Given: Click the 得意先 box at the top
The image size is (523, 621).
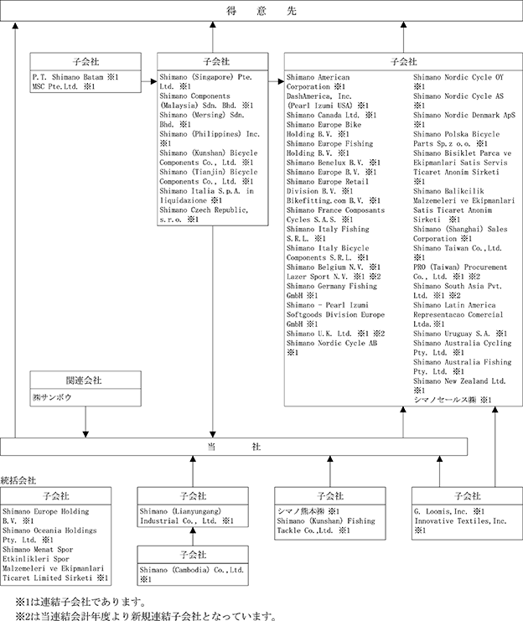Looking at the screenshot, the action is pyautogui.click(x=261, y=11).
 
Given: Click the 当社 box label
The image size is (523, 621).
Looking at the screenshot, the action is pyautogui.click(x=234, y=447).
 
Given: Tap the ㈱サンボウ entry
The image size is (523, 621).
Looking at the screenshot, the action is pyautogui.click(x=52, y=397).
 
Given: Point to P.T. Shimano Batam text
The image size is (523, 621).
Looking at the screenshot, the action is pyautogui.click(x=68, y=77).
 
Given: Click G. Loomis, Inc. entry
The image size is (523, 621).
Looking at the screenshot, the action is pyautogui.click(x=441, y=511).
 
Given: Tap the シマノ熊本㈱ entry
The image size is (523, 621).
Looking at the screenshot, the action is pyautogui.click(x=301, y=511).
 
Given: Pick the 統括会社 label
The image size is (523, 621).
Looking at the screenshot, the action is pyautogui.click(x=18, y=480).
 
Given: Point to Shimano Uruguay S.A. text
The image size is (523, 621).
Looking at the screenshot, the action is pyautogui.click(x=452, y=334).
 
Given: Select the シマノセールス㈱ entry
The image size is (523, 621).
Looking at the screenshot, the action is pyautogui.click(x=445, y=400).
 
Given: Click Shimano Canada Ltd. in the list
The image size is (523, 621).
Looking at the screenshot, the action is pyautogui.click(x=323, y=115).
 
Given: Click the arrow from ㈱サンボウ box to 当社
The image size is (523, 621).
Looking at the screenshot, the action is pyautogui.click(x=85, y=422).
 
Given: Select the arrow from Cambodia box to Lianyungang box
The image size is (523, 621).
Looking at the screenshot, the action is pyautogui.click(x=193, y=536).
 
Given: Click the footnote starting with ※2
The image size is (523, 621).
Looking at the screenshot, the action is pyautogui.click(x=146, y=616).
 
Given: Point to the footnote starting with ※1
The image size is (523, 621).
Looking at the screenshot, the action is pyautogui.click(x=80, y=603).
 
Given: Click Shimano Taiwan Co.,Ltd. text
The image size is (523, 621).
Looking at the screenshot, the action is pyautogui.click(x=458, y=248).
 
